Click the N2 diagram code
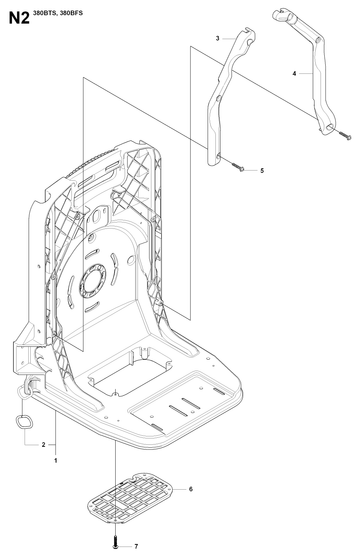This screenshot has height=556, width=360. [19, 18]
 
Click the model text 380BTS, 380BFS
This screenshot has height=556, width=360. [58, 13]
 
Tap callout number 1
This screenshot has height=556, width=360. [56, 461]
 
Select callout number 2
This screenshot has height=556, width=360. [44, 444]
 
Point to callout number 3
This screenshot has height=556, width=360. [218, 38]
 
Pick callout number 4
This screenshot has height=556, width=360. [294, 74]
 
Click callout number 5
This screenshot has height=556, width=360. [262, 171]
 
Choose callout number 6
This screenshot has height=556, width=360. [191, 489]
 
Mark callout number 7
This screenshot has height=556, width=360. [136, 546]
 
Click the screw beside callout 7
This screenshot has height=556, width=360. [115, 542]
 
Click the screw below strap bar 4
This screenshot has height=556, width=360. [345, 135]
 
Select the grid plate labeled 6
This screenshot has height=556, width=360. [130, 499]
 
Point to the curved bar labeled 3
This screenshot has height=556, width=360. [227, 96]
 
